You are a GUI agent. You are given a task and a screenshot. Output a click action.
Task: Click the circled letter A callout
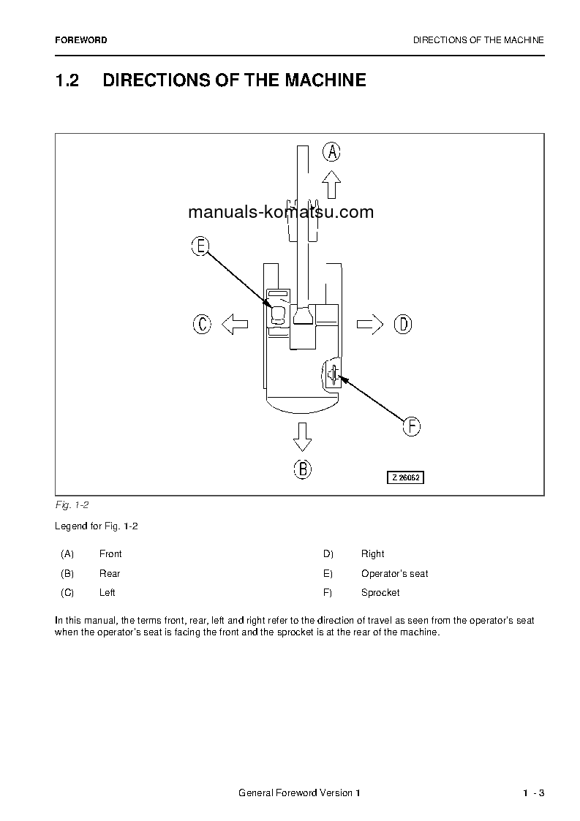coord(332,152)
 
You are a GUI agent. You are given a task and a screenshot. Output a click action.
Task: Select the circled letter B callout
coord(303,469)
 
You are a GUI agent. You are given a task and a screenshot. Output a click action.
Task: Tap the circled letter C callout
coord(202,324)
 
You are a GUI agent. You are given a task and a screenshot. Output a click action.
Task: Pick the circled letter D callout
coord(403,324)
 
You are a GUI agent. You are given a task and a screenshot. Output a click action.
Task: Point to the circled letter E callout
coord(200,246)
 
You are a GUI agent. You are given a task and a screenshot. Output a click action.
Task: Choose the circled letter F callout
coord(412,426)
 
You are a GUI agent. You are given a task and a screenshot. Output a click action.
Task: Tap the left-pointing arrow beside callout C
coord(234,324)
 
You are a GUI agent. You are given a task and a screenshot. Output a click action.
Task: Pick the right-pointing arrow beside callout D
coord(370,324)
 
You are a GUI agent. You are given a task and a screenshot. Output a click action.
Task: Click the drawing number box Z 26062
coord(406,477)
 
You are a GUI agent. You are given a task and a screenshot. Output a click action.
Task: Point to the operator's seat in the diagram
coord(278,315)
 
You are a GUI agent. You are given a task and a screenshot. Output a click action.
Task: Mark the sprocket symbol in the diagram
coord(333,375)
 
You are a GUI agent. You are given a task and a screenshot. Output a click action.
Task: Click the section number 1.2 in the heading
coord(67,80)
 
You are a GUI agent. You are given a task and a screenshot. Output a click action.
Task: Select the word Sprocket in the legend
coord(380,593)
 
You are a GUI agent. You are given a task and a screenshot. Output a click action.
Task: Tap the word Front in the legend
coord(110,554)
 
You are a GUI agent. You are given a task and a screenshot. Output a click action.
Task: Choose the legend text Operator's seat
coord(394,574)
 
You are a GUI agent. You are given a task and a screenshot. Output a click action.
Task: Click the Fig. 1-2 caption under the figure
coord(72,505)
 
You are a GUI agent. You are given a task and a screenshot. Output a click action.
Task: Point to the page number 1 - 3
coord(533,793)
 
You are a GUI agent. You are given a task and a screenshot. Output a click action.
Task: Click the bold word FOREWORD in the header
coord(80,41)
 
